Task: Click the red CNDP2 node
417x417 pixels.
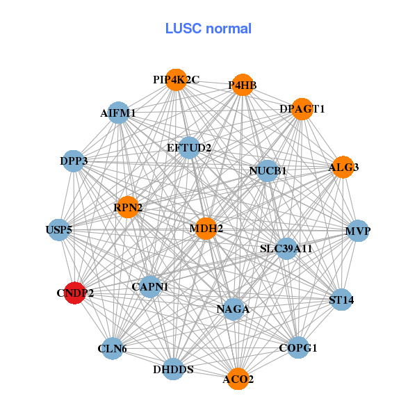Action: click(74, 293)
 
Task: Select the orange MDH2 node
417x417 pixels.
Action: click(206, 228)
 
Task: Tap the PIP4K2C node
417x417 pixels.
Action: click(176, 80)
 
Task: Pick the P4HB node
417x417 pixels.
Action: click(242, 85)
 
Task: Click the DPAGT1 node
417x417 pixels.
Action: click(302, 109)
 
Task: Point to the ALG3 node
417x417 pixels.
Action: click(343, 167)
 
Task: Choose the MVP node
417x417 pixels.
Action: click(358, 231)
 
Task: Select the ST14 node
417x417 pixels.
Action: click(341, 300)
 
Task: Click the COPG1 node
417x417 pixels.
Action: click(297, 347)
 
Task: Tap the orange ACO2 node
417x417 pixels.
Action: click(238, 379)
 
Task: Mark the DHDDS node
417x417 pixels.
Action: click(174, 369)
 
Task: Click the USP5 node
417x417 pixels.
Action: click(59, 229)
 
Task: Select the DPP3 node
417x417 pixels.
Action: click(74, 161)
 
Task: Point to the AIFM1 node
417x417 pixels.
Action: click(118, 113)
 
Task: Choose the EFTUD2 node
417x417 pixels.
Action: click(189, 147)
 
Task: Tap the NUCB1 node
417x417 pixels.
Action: click(268, 170)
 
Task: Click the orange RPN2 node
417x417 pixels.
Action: click(128, 207)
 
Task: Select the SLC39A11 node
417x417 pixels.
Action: click(286, 248)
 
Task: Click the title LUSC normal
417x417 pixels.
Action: click(208, 28)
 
